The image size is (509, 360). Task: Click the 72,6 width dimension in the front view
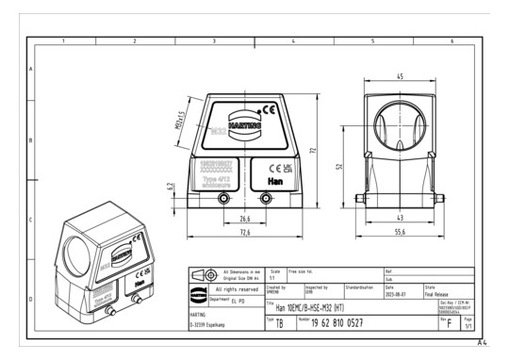[243, 232]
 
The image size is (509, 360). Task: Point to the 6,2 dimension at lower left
[171, 188]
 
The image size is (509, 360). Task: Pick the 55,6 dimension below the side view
[400, 232]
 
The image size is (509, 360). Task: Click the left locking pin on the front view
[222, 199]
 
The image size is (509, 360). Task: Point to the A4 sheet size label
[495, 345]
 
